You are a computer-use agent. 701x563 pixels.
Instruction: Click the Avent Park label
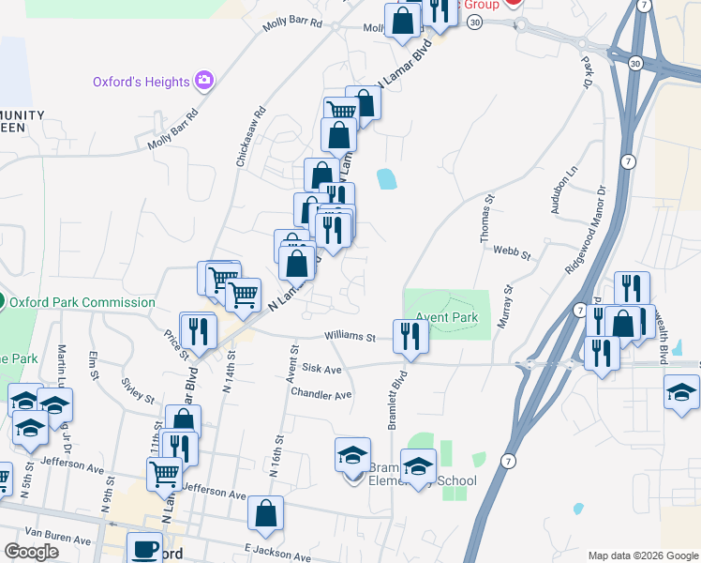tap(447, 318)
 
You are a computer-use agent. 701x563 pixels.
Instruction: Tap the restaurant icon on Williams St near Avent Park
tap(410, 337)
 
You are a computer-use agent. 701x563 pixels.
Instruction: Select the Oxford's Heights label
tap(141, 82)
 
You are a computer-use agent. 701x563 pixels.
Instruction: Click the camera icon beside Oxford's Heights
tap(203, 81)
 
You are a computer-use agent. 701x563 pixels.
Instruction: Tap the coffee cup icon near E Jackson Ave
tap(144, 549)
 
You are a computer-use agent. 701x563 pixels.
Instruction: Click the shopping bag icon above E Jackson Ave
tap(265, 513)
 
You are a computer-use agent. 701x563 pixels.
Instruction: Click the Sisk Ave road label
tap(321, 370)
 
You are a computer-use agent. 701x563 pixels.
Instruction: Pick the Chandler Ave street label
tap(321, 394)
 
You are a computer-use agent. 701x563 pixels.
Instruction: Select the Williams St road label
tap(350, 337)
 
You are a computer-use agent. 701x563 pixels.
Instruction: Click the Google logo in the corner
tap(31, 552)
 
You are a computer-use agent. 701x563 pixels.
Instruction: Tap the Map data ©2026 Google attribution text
tap(643, 555)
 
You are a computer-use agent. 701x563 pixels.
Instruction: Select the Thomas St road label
tap(487, 220)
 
